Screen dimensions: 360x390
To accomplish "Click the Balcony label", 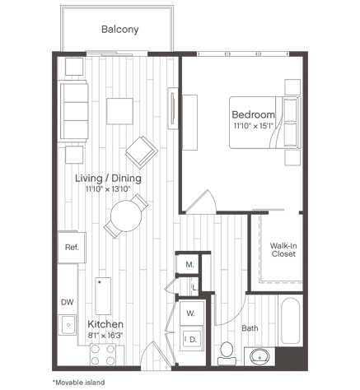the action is click(x=120, y=30).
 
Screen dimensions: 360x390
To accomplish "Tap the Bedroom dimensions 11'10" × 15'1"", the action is click(x=254, y=126).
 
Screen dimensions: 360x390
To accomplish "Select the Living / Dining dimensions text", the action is click(x=108, y=189).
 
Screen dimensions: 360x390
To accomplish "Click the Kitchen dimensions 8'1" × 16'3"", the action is click(x=105, y=335).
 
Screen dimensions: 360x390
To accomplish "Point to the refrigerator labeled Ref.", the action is click(x=72, y=248).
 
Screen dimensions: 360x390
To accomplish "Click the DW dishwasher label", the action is click(x=68, y=302).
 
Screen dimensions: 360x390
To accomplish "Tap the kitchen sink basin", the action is click(x=68, y=325).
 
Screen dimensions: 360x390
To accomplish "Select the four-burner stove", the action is click(x=103, y=355).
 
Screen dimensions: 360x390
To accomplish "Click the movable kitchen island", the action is click(x=103, y=296).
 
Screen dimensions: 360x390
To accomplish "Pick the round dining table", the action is click(x=126, y=216).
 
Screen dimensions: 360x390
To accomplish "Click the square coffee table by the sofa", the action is click(x=119, y=111).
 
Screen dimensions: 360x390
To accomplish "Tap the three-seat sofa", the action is click(x=73, y=111).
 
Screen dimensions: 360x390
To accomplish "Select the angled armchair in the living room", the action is click(x=142, y=152).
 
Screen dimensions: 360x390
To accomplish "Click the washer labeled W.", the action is click(x=192, y=313).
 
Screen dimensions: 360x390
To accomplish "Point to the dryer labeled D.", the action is click(x=192, y=338).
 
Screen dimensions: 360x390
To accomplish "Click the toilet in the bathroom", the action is click(x=227, y=353).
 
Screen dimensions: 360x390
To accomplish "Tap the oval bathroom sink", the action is click(x=259, y=357).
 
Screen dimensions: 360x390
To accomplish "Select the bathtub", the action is click(x=290, y=321).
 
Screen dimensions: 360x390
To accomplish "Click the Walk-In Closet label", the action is click(x=283, y=249).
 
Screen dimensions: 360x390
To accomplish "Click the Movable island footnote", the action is click(x=78, y=382).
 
